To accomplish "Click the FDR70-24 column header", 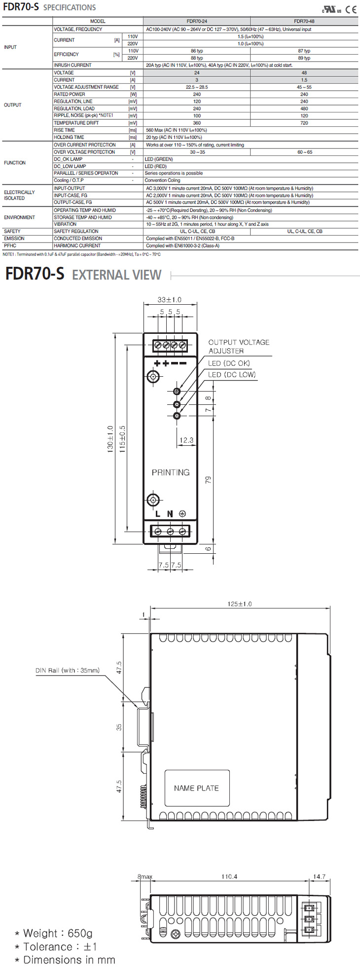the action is point(197,21).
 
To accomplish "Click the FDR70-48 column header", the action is point(304,21).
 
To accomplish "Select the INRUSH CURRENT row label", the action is point(72,65).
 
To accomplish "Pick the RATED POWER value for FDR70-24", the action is point(197,94).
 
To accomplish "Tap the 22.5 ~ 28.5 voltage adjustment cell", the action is point(197,87).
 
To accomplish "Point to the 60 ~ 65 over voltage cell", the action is point(304,152).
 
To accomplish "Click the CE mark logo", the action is point(351,9).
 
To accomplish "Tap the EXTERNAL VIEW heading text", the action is point(117,275).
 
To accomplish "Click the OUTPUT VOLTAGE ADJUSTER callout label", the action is point(239,346).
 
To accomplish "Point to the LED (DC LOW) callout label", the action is point(232,375).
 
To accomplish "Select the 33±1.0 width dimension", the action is point(169,299).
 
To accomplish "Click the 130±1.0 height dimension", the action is point(110,439).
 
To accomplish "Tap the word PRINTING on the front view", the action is point(171,472).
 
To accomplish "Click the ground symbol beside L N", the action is point(181,514).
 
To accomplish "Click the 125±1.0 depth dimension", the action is point(239,604).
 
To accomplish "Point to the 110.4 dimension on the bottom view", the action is point(229,876).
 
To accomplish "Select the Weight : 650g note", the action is point(54,933).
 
